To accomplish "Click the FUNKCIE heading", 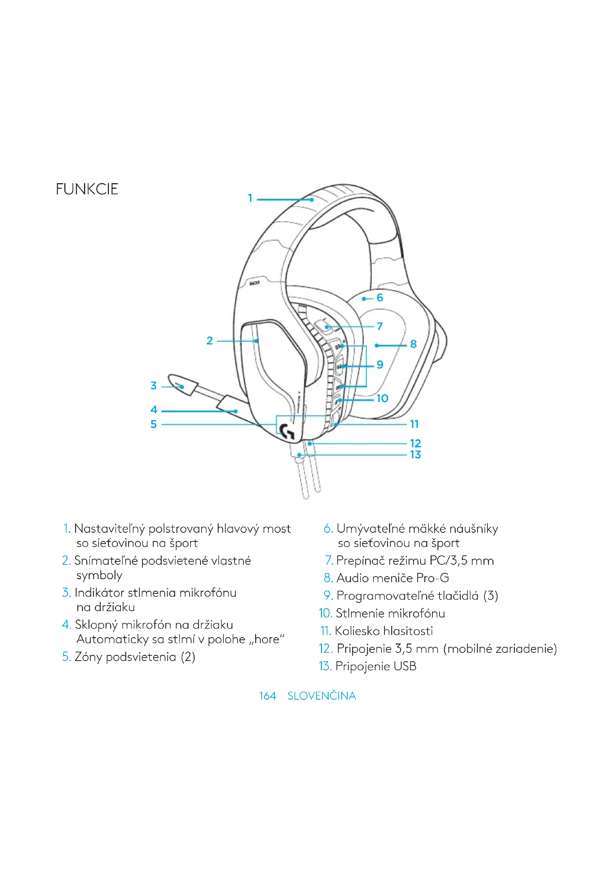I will click(87, 189).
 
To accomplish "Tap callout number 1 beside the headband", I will click(250, 198).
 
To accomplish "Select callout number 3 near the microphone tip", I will click(153, 386).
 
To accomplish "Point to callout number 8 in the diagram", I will click(413, 344).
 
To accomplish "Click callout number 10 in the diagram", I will click(382, 398).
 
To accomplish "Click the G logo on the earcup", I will click(287, 431).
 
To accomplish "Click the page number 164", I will click(267, 695).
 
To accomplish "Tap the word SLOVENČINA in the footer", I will click(322, 695).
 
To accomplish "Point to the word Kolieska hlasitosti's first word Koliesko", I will click(357, 630).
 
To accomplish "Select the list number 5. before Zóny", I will click(66, 656).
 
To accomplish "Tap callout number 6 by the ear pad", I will click(380, 298).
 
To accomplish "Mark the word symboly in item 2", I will click(99, 575).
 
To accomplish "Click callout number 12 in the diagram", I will click(415, 443).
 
